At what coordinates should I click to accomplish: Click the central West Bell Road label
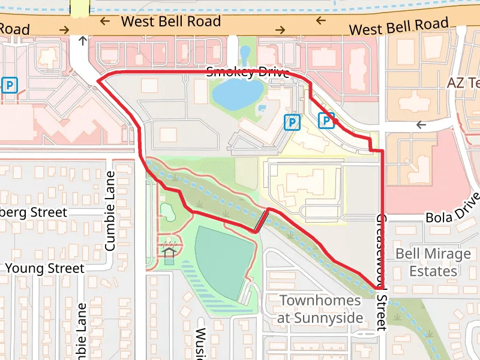click(170, 22)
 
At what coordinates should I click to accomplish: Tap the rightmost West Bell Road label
click(398, 27)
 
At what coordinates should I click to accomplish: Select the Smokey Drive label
click(248, 73)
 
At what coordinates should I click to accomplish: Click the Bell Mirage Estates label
click(433, 262)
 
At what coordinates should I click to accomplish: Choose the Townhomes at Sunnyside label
click(321, 308)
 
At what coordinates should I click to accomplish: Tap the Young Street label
click(44, 268)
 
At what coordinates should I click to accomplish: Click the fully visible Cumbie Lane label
click(110, 211)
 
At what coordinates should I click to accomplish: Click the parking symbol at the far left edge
click(10, 85)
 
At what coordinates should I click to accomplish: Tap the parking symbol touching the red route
click(326, 121)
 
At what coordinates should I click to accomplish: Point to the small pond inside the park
click(166, 211)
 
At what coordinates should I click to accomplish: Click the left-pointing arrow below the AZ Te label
click(421, 125)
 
